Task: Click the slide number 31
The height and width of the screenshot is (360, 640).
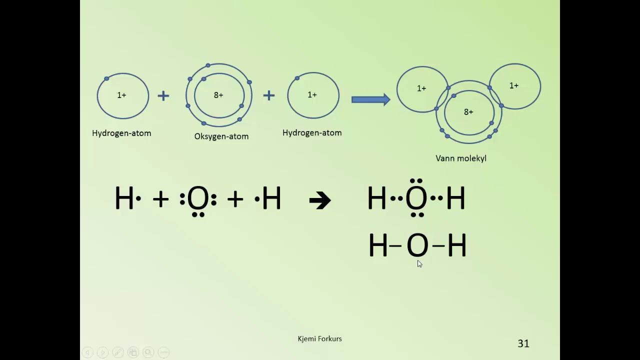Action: tap(523, 343)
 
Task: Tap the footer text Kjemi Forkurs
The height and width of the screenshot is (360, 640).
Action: tap(319, 339)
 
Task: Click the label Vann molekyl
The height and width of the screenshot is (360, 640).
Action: tap(461, 158)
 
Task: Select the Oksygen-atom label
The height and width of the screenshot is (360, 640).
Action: tap(221, 136)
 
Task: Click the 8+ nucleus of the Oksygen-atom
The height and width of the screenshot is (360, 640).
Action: tap(218, 95)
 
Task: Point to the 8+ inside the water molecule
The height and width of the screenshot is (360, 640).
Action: tap(468, 112)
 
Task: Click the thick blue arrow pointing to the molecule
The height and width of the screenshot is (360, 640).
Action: tap(371, 99)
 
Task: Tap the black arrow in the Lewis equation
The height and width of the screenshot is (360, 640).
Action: tap(320, 200)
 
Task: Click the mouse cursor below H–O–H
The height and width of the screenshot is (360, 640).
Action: tap(419, 263)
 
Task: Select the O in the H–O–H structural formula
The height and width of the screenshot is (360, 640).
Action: tap(417, 245)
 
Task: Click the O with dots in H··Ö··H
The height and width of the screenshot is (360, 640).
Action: tap(416, 197)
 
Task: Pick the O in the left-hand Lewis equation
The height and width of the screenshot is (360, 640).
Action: tap(198, 198)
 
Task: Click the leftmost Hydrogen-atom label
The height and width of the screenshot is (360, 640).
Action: tap(121, 133)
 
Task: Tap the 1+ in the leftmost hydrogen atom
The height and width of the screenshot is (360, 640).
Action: tap(121, 95)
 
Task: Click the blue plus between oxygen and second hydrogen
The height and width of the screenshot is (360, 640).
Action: tap(269, 95)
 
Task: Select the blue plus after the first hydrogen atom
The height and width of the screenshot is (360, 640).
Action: tap(163, 95)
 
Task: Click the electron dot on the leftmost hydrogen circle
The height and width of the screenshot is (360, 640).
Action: tap(106, 78)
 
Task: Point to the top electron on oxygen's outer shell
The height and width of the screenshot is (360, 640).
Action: tap(208, 65)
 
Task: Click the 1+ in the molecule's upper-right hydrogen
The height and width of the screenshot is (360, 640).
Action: tap(514, 85)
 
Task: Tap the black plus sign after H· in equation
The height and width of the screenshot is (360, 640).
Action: tap(161, 199)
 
